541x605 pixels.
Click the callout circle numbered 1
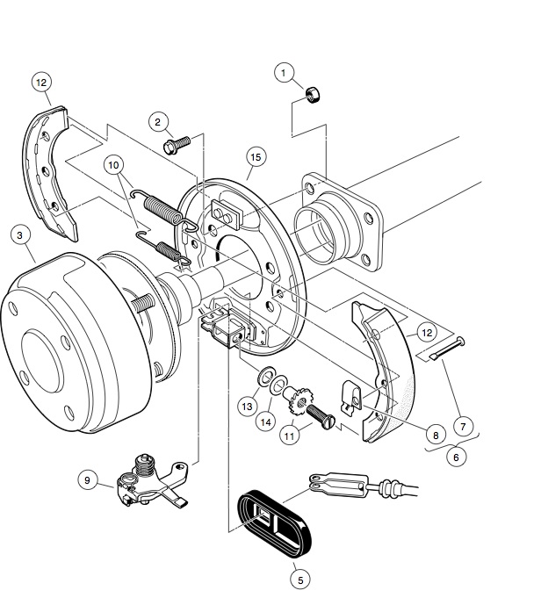(282, 73)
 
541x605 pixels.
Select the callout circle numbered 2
(157, 121)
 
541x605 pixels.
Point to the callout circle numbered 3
(19, 234)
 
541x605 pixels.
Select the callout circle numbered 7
(465, 426)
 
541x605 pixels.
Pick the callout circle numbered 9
(87, 479)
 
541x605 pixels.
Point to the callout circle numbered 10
(115, 164)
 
